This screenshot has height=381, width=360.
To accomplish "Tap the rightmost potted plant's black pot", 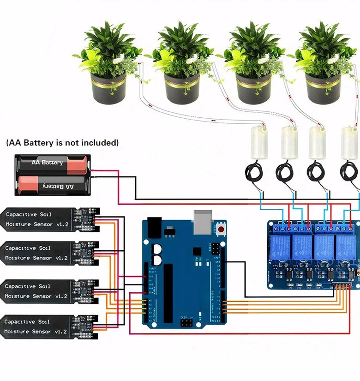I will pyautogui.click(x=323, y=90).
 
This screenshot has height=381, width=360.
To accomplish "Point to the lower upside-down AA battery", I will pyautogui.click(x=53, y=185).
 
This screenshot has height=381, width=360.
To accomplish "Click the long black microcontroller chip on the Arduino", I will pyautogui.click(x=168, y=287).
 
